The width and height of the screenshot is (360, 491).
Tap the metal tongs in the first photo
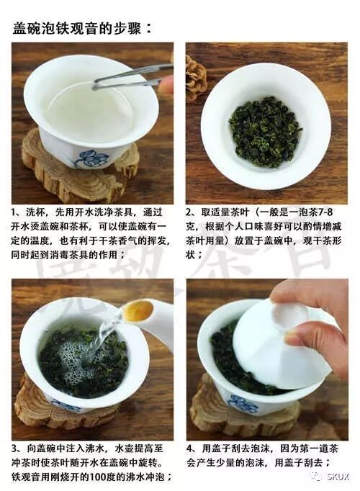[x=130, y=76]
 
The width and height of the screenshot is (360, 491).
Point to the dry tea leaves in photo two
[x=265, y=131]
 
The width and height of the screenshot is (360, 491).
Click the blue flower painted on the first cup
[x=91, y=158]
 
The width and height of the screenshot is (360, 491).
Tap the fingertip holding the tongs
[x=166, y=84]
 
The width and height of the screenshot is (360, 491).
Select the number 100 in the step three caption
[x=101, y=477]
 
